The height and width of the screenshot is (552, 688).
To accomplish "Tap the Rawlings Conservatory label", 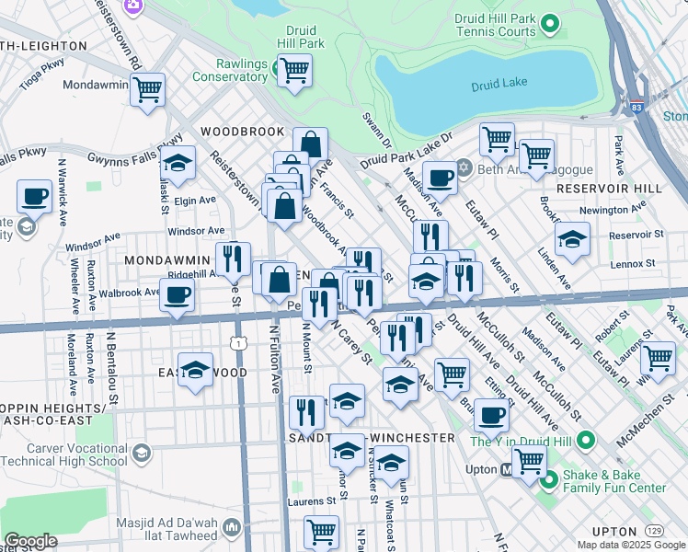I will point(229,70).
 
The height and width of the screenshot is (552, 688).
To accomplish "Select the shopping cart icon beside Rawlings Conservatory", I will point(294,70).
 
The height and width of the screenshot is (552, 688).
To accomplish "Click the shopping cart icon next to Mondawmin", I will point(147,90).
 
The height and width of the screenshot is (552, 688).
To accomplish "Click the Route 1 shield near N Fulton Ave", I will point(239,342).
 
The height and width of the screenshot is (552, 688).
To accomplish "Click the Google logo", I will point(30,540).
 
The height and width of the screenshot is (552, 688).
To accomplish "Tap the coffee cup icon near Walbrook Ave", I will point(178,294).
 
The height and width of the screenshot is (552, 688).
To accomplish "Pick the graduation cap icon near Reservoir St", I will point(572,240).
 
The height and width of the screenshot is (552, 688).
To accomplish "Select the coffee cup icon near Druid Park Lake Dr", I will point(440,178).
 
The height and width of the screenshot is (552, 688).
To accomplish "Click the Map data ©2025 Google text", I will point(630,545).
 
